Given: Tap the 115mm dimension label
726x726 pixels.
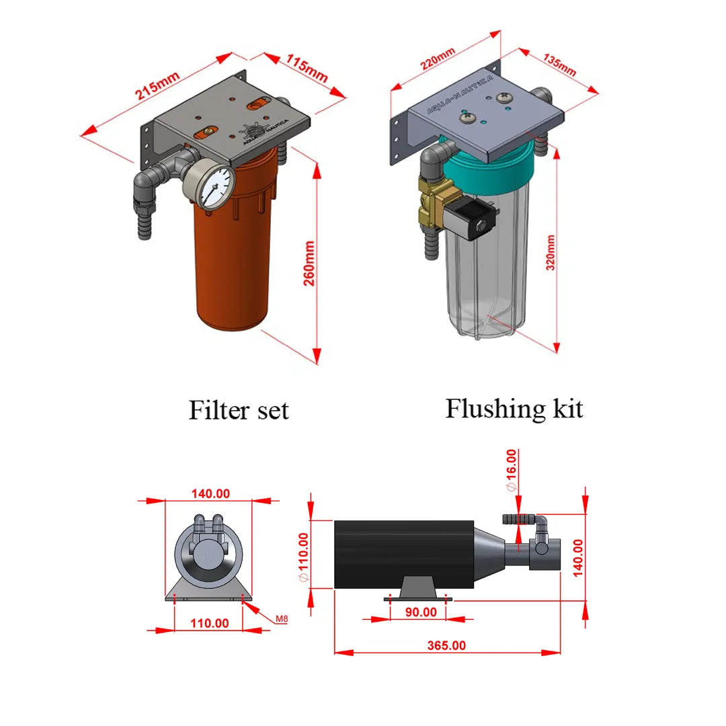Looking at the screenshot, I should click(x=306, y=67).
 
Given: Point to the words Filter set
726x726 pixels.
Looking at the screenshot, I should click(x=238, y=409).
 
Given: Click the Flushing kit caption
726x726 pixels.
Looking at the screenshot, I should click(x=514, y=408).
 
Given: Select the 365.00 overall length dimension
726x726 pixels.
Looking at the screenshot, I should click(x=446, y=645).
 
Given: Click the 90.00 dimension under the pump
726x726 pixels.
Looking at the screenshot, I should click(x=420, y=612).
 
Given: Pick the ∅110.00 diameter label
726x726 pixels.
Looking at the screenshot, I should click(x=302, y=558).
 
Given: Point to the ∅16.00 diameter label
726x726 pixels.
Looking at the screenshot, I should click(x=511, y=470).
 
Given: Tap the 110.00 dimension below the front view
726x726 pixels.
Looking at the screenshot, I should click(x=209, y=622).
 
